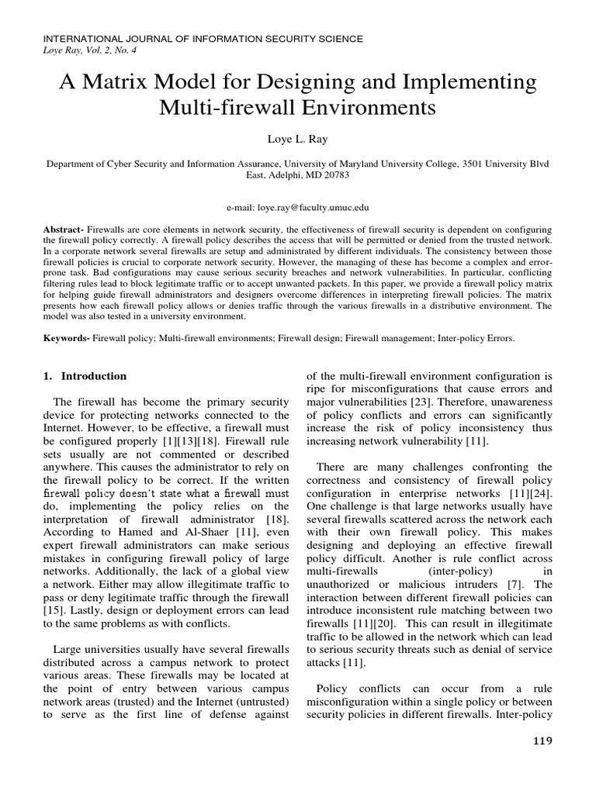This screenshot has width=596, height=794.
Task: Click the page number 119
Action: [x=541, y=741]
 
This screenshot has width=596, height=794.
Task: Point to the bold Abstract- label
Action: [x=64, y=232]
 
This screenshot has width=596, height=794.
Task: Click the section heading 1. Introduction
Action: [x=85, y=376]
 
